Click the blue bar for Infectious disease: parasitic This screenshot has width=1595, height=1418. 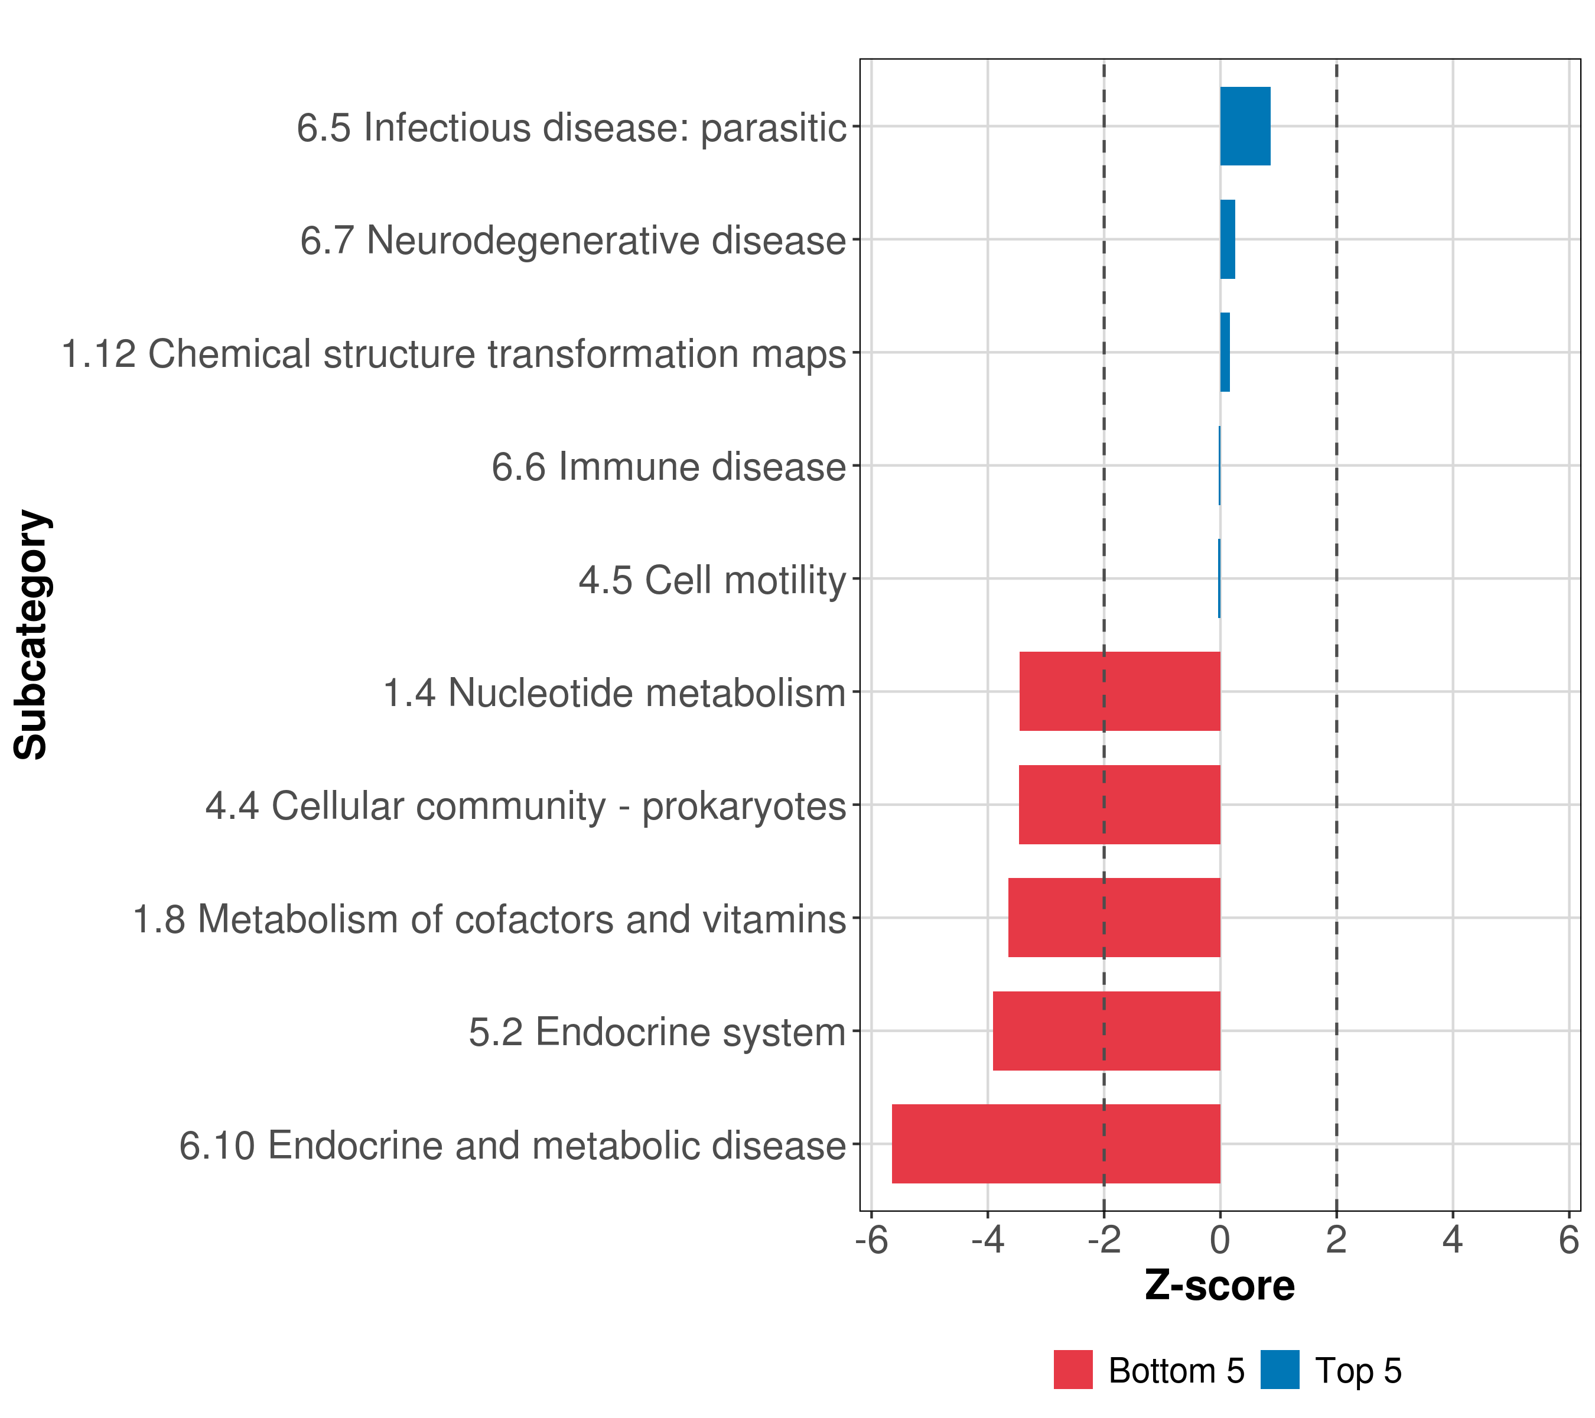pyautogui.click(x=1245, y=126)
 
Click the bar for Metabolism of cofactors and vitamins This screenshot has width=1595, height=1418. pyautogui.click(x=1114, y=918)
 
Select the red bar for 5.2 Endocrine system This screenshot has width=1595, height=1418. pyautogui.click(x=1106, y=1031)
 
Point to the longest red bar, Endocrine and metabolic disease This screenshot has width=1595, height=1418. pyautogui.click(x=1055, y=1144)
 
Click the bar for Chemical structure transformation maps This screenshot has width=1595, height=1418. pyautogui.click(x=1225, y=352)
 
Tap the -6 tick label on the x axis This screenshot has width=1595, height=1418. pyautogui.click(x=871, y=1240)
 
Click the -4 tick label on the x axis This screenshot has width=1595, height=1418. pyautogui.click(x=987, y=1240)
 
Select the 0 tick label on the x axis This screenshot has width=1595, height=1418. pyautogui.click(x=1220, y=1240)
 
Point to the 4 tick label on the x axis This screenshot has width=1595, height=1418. pyautogui.click(x=1452, y=1240)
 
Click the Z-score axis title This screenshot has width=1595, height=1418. pyautogui.click(x=1220, y=1286)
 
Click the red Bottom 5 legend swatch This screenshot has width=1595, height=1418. pyautogui.click(x=1073, y=1370)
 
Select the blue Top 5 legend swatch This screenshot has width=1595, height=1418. pyautogui.click(x=1280, y=1370)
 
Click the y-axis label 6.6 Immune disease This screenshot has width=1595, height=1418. pyautogui.click(x=669, y=467)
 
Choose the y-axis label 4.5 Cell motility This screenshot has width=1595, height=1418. pyautogui.click(x=712, y=580)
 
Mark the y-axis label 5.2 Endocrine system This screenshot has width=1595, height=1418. pyautogui.click(x=657, y=1032)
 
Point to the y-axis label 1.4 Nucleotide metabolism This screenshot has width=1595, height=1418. pyautogui.click(x=614, y=693)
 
